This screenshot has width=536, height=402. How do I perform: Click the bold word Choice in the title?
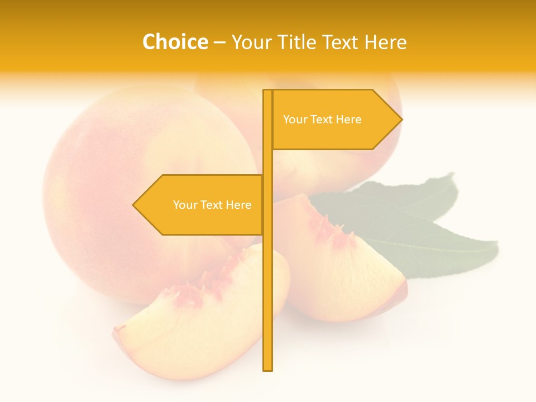(x=175, y=42)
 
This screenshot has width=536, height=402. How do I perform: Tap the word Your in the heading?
(x=253, y=42)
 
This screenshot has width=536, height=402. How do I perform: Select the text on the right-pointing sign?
(x=322, y=119)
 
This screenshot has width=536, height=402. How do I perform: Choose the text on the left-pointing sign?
(x=212, y=205)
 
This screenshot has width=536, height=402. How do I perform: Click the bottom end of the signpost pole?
(x=267, y=368)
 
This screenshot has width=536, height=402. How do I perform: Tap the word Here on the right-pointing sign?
(x=348, y=119)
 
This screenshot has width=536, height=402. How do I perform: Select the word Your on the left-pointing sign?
(x=185, y=205)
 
